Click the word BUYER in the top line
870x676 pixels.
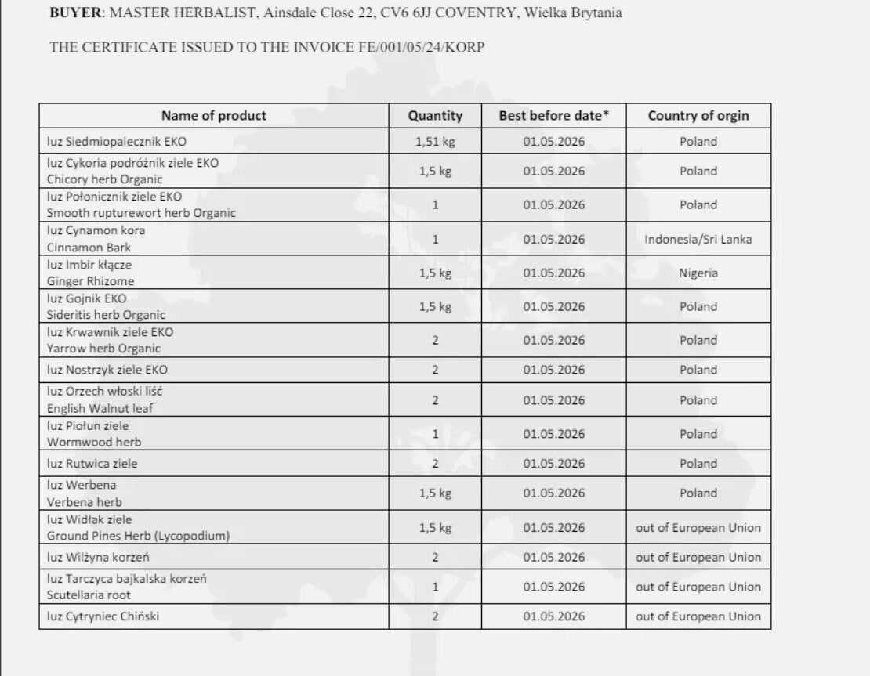click(x=77, y=13)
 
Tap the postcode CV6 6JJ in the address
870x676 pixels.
click(x=404, y=13)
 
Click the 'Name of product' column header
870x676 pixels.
click(x=214, y=116)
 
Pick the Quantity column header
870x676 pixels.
click(x=435, y=116)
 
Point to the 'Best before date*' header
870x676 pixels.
click(x=553, y=116)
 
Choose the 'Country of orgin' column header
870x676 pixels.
click(x=698, y=116)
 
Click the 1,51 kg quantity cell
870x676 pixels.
click(x=435, y=142)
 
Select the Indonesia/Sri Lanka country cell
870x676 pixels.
click(x=698, y=239)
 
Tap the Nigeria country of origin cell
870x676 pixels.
click(x=698, y=273)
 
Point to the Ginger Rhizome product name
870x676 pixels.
click(x=90, y=281)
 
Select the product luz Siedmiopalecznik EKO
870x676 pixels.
click(x=117, y=142)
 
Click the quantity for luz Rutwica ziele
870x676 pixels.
click(x=435, y=464)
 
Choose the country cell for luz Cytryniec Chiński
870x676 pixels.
click(x=698, y=616)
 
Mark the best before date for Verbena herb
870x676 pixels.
click(x=553, y=493)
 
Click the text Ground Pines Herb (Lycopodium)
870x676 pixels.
click(x=138, y=536)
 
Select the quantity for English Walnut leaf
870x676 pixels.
click(x=435, y=400)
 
